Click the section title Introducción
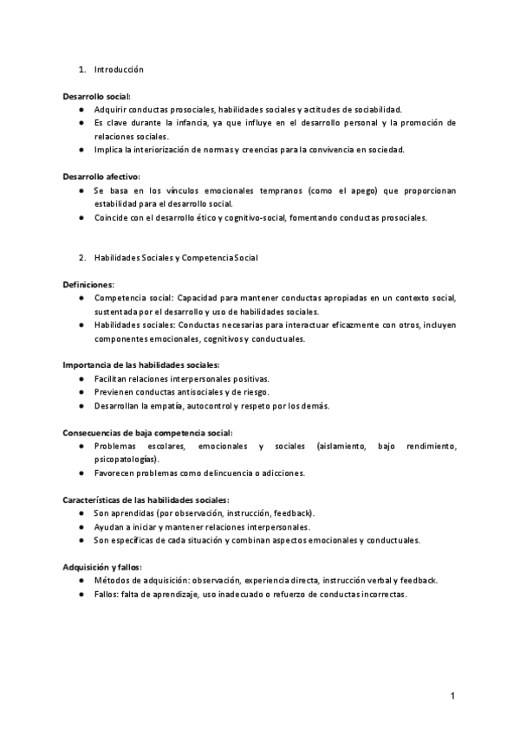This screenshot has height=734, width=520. click(119, 69)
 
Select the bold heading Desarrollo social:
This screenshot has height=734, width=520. click(97, 96)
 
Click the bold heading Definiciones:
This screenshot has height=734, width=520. click(88, 285)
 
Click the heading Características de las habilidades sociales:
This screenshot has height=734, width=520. click(146, 500)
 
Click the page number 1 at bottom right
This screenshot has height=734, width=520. click(452, 696)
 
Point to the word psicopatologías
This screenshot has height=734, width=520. click(127, 460)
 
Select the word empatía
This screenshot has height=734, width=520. click(170, 406)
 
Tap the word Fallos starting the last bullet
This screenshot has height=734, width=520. click(107, 595)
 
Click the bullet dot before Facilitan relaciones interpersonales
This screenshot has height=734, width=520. click(80, 379)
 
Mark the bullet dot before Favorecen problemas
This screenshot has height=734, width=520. click(80, 473)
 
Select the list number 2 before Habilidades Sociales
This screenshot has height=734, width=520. click(81, 258)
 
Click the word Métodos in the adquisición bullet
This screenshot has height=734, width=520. click(112, 581)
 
